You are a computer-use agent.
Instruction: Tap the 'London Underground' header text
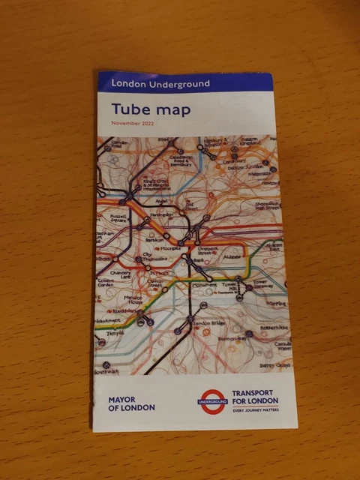(160, 83)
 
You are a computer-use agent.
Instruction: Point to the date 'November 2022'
(132, 123)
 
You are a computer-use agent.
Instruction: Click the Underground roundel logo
(211, 401)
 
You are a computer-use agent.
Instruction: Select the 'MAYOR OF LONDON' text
(131, 403)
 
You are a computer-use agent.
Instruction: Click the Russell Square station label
(120, 220)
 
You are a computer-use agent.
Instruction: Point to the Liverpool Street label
(208, 252)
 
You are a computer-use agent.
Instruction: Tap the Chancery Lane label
(120, 275)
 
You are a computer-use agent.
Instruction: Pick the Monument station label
(204, 285)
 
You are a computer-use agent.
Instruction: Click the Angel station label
(161, 201)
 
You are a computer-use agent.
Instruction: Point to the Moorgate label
(168, 248)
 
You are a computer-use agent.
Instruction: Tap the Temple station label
(114, 333)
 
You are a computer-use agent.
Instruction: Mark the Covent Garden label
(108, 283)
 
